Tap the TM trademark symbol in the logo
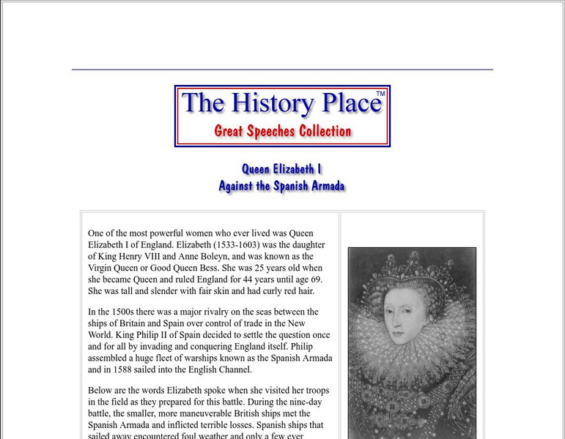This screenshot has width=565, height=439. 380,94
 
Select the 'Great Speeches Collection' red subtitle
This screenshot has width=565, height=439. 282,132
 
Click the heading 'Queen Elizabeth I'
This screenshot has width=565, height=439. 282,169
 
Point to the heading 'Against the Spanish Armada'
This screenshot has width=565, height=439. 281,186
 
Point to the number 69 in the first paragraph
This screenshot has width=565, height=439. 317,279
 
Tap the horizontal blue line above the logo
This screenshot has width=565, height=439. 282,70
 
